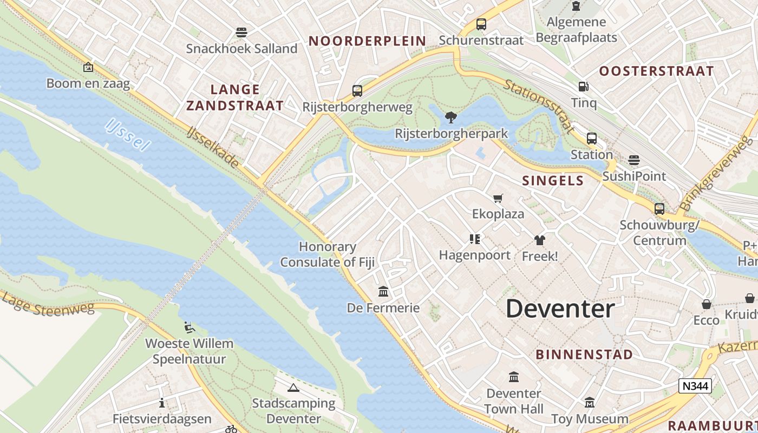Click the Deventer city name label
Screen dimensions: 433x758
(560, 309)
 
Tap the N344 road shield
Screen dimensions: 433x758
(695, 386)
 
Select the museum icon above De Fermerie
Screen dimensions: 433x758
(384, 292)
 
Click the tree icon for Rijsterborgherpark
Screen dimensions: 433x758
(450, 117)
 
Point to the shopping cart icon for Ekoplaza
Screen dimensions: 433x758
(498, 198)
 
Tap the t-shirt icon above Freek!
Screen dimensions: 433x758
(539, 240)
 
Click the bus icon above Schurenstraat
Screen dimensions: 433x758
(481, 24)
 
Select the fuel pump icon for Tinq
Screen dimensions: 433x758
(583, 87)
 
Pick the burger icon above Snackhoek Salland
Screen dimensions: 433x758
(241, 32)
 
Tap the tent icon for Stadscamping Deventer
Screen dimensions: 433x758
(293, 388)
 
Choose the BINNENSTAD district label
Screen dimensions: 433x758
(584, 355)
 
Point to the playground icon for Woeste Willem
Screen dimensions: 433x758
(189, 327)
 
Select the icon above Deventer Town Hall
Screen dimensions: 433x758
(513, 377)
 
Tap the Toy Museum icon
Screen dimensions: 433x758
(590, 403)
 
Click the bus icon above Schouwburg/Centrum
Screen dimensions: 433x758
(659, 209)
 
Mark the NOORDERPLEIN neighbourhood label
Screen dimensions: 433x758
(367, 41)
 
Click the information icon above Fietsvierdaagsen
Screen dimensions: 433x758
(161, 403)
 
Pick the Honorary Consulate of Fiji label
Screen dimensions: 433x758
(328, 254)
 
